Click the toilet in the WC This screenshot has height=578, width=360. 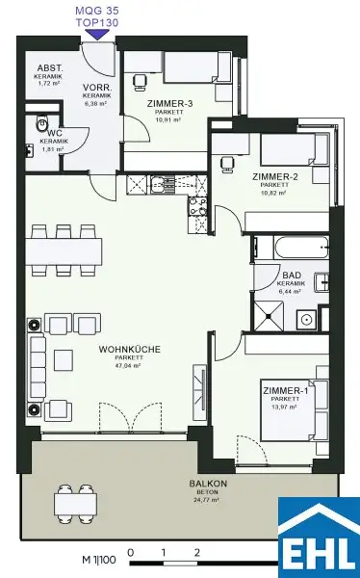click(41, 124)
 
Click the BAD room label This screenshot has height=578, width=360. click(292, 275)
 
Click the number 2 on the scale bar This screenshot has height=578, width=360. click(196, 553)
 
